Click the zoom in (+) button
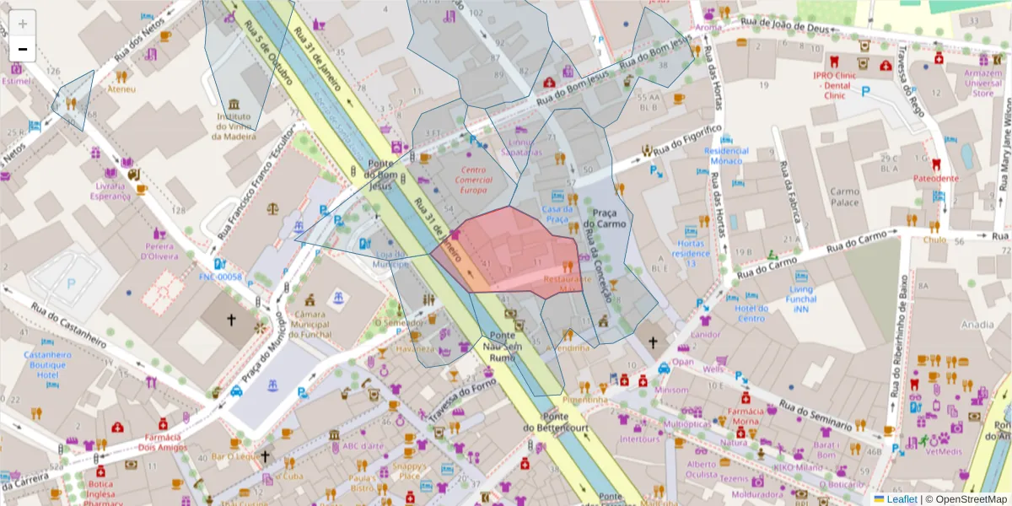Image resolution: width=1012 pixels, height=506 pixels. coord(23,24)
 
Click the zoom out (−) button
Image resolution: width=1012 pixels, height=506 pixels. coord(23,49)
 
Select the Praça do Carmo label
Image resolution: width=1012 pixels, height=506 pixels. coord(609,218)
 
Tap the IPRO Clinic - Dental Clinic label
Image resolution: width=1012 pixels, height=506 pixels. coord(835,84)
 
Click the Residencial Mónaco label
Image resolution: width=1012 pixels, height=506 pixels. coord(726,156)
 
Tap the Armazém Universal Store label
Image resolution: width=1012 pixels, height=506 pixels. coord(982,83)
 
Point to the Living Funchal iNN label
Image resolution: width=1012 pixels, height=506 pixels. coord(801,300)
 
